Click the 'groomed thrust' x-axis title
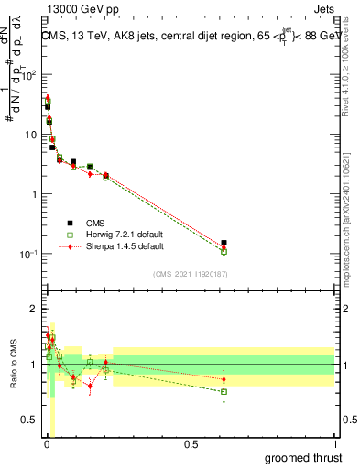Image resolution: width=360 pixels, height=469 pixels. click(305, 457)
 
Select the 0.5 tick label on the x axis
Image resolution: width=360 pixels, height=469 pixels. click(191, 444)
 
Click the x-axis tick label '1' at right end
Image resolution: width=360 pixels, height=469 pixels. click(334, 444)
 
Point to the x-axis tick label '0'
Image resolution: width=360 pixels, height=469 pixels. click(47, 444)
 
